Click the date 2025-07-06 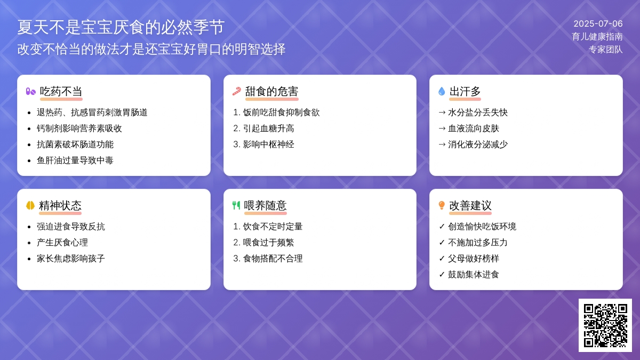click(598, 23)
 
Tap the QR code click(605, 325)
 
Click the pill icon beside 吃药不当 click(30, 91)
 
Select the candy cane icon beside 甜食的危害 click(237, 91)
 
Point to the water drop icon click(442, 91)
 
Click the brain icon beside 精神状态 click(30, 205)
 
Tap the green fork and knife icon click(236, 205)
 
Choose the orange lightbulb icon click(442, 205)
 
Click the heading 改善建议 click(470, 205)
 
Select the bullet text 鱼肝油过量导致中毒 click(75, 161)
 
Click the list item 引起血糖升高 click(269, 129)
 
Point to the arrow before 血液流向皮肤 click(442, 129)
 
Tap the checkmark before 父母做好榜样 click(442, 259)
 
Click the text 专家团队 click(606, 50)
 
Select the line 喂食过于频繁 click(269, 243)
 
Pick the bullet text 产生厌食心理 click(62, 243)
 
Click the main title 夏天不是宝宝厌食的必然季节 click(121, 27)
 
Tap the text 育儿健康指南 click(597, 37)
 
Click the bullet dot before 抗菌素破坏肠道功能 click(29, 145)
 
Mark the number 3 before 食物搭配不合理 click(236, 259)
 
